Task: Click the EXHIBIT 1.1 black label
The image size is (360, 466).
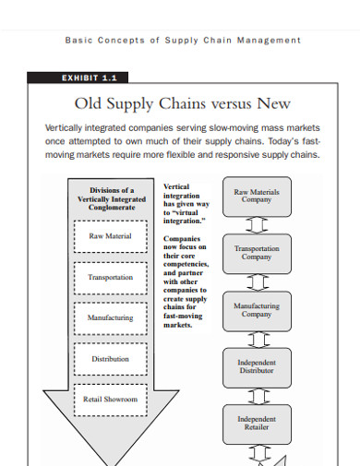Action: coord(78,78)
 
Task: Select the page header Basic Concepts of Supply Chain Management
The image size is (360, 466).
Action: coord(183,40)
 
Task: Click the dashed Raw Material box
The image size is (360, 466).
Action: coord(110,236)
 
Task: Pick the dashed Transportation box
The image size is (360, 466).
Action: coord(110,277)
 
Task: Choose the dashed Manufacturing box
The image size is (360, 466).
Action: coord(110,317)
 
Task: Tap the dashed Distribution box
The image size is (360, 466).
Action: coord(110,359)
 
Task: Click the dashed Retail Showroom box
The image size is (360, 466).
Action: coord(110,400)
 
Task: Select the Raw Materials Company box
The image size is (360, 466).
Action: coord(257,197)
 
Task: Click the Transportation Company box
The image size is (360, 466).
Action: coord(257,253)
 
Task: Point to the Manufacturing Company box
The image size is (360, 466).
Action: coord(257,309)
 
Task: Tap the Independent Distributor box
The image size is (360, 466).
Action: coord(257,367)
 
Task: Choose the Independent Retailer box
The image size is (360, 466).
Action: coord(257,424)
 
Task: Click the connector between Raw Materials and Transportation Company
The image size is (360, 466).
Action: coord(257,224)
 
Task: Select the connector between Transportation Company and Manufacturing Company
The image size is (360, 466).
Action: coord(257,281)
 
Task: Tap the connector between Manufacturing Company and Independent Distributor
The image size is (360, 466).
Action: coord(257,338)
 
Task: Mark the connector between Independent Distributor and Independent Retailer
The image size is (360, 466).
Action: coord(257,395)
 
